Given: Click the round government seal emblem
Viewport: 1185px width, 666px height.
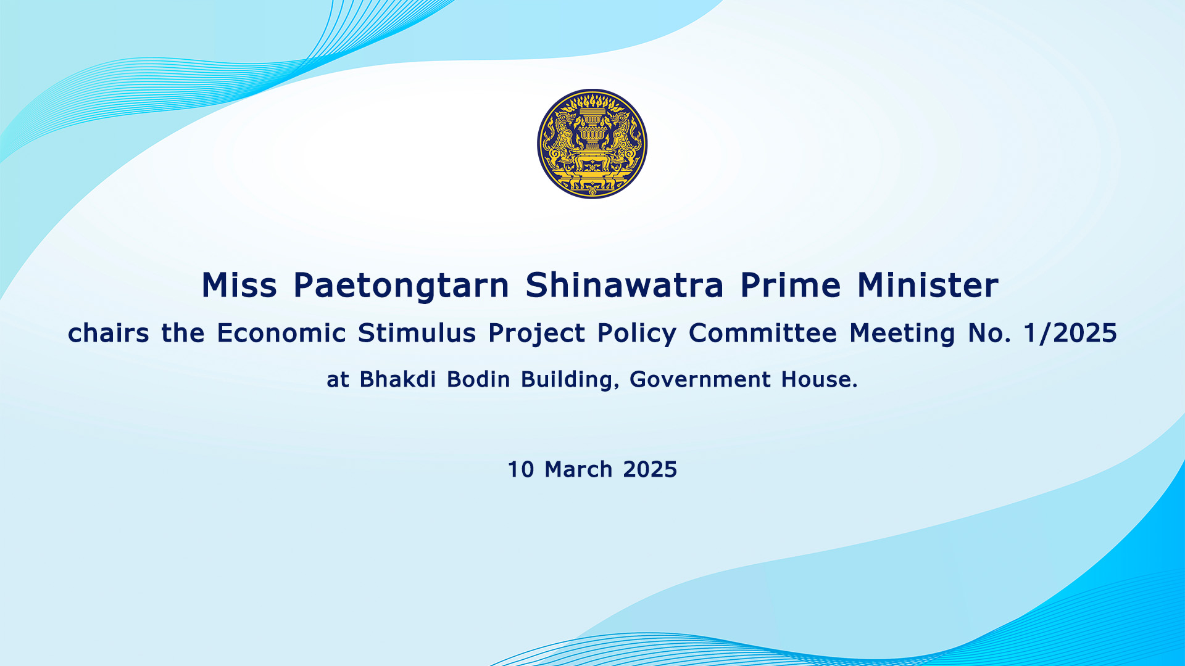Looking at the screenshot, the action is coord(592,144).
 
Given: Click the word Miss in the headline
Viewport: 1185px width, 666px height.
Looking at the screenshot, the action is coord(239,285).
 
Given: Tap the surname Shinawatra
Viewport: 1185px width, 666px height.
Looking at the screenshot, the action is coord(625,285).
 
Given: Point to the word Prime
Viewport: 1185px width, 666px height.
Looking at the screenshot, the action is coord(791,285).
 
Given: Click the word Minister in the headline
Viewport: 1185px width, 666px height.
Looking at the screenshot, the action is coord(928,285).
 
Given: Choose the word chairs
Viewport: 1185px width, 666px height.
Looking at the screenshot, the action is coord(109,333).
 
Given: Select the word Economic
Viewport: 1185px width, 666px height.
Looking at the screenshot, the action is coord(281,333).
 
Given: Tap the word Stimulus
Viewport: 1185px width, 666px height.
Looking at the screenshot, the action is coord(417,333).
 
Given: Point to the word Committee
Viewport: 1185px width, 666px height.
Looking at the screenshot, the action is coord(763,333).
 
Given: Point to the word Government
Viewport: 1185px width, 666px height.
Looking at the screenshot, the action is coord(701,379).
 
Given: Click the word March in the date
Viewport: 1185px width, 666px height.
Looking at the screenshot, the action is coord(578,469).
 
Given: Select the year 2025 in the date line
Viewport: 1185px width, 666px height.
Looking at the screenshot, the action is coord(650,469).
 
